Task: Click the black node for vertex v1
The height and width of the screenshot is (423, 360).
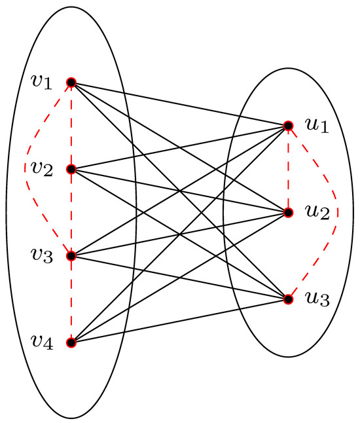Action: pos(71,83)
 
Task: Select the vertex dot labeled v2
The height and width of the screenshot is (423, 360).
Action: pos(71,169)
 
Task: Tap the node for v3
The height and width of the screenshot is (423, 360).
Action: pos(71,255)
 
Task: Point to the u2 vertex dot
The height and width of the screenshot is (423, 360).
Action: pos(287,212)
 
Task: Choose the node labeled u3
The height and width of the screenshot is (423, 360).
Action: pos(287,299)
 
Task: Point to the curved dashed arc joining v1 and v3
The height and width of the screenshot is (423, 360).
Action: pos(26,169)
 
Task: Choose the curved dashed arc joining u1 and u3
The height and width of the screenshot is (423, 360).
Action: pos(337,212)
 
